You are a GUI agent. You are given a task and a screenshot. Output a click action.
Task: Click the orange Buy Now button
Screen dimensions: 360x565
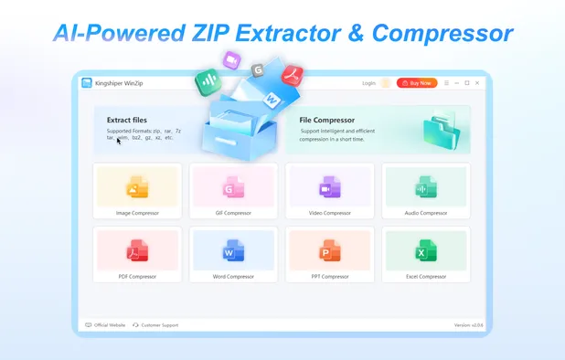417,82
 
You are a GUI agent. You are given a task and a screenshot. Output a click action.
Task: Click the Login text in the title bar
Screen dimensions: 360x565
368,82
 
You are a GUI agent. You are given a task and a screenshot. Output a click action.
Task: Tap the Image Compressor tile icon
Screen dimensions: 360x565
137,189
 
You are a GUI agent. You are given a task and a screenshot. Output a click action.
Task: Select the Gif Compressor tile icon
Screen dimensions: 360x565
232,189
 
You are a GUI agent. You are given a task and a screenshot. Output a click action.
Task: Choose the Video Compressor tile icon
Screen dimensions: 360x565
328,189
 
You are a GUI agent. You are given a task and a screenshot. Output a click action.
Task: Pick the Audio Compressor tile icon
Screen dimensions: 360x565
425,189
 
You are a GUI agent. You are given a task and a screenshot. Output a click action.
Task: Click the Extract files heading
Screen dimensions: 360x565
126,120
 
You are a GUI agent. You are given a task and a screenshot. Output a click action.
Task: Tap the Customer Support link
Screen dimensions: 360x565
158,324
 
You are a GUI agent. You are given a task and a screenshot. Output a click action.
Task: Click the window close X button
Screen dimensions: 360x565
477,82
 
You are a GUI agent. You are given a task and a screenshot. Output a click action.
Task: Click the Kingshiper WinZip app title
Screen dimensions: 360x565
120,82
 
